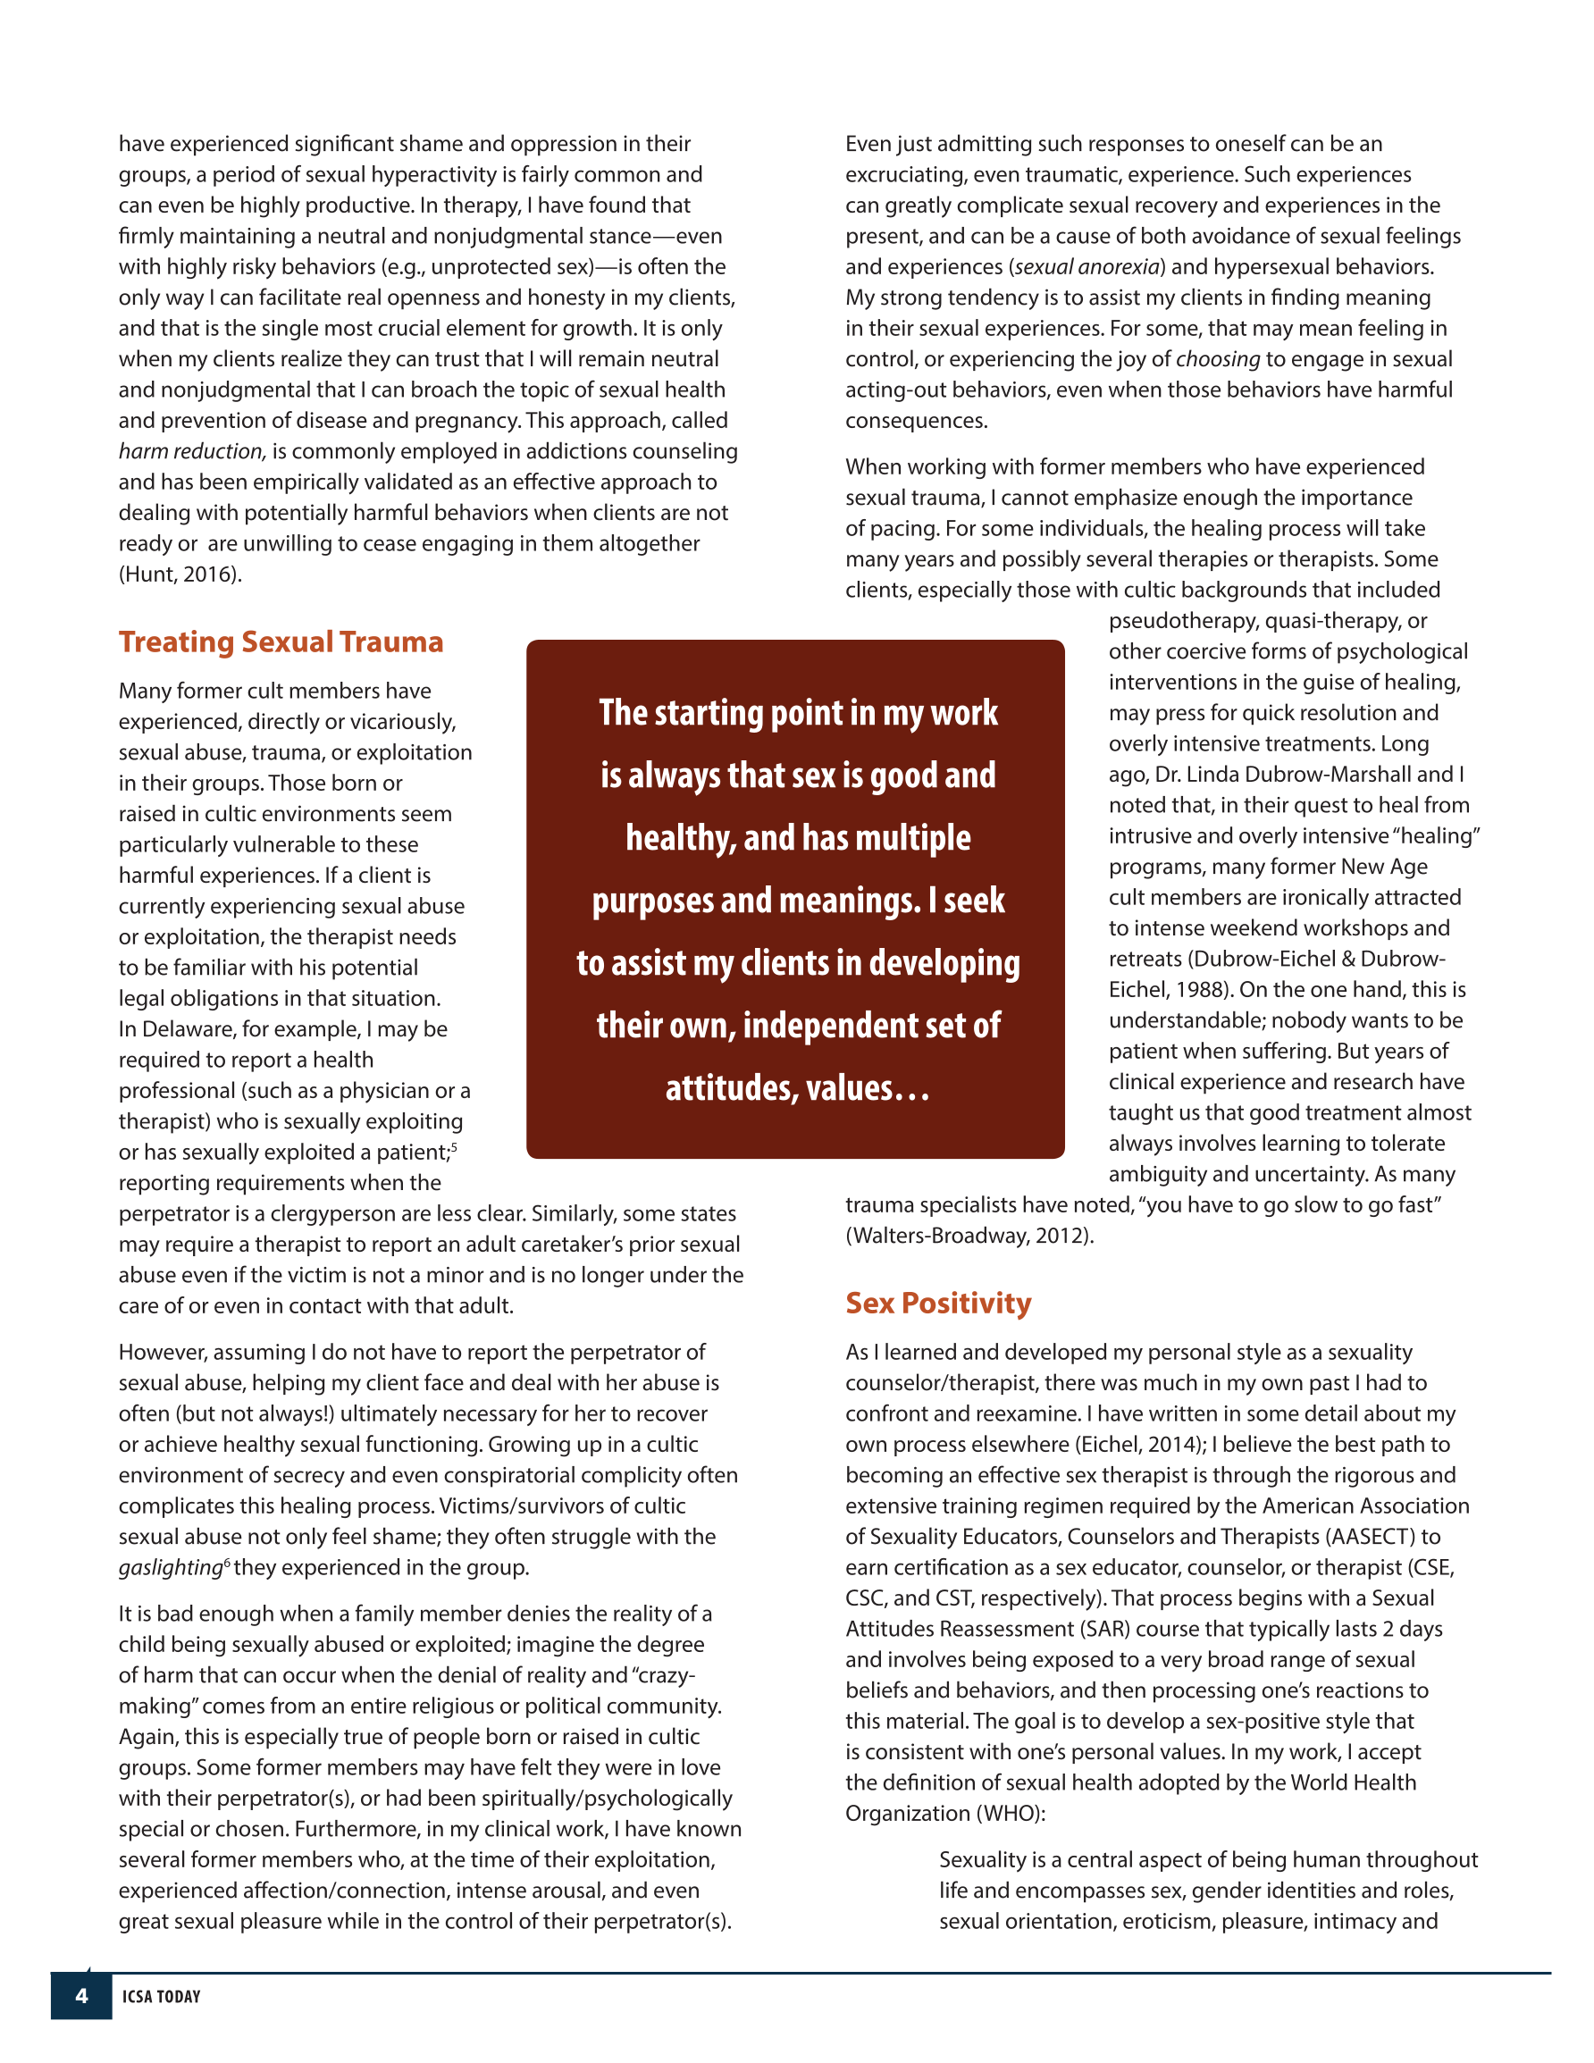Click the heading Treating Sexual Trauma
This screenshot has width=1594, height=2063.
click(x=281, y=642)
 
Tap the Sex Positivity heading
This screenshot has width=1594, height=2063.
click(x=937, y=1304)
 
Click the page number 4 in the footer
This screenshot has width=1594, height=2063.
click(x=81, y=1996)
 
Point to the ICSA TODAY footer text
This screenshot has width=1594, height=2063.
click(x=162, y=1997)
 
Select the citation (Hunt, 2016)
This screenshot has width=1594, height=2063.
click(x=180, y=574)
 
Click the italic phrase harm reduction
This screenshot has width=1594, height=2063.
click(x=192, y=451)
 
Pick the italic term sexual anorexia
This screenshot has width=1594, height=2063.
click(x=1087, y=267)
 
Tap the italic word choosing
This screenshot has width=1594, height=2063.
click(x=1217, y=359)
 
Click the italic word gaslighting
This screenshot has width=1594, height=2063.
click(x=170, y=1568)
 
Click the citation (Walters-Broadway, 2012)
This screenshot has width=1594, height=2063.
click(x=969, y=1236)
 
